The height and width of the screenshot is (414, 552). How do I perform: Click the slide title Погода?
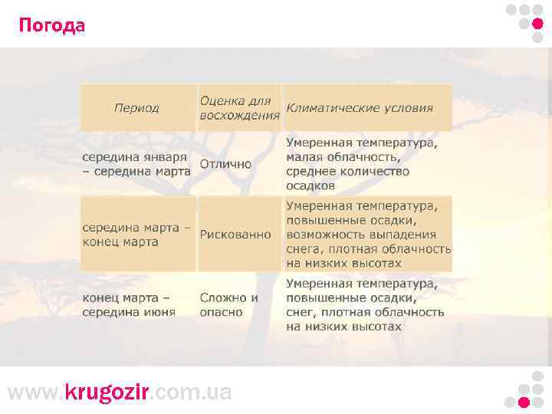click(52, 26)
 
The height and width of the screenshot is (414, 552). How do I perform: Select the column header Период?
click(136, 108)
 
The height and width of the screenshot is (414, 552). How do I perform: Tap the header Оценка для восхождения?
click(239, 108)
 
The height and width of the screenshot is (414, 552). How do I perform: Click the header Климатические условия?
click(360, 108)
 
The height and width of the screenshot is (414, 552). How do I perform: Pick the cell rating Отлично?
click(225, 164)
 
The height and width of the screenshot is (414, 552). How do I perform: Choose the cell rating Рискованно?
click(235, 235)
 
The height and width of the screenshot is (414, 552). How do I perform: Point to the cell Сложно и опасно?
click(228, 305)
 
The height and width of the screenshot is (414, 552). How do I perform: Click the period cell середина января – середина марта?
click(136, 164)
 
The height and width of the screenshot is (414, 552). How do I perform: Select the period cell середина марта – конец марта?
click(136, 235)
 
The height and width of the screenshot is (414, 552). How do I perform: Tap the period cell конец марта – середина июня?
click(130, 305)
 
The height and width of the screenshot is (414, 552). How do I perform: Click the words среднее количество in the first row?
click(348, 171)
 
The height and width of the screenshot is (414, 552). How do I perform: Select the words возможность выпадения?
click(361, 235)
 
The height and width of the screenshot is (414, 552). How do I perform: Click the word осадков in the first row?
click(310, 186)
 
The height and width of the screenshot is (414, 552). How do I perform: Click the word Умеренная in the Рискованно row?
click(318, 206)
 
